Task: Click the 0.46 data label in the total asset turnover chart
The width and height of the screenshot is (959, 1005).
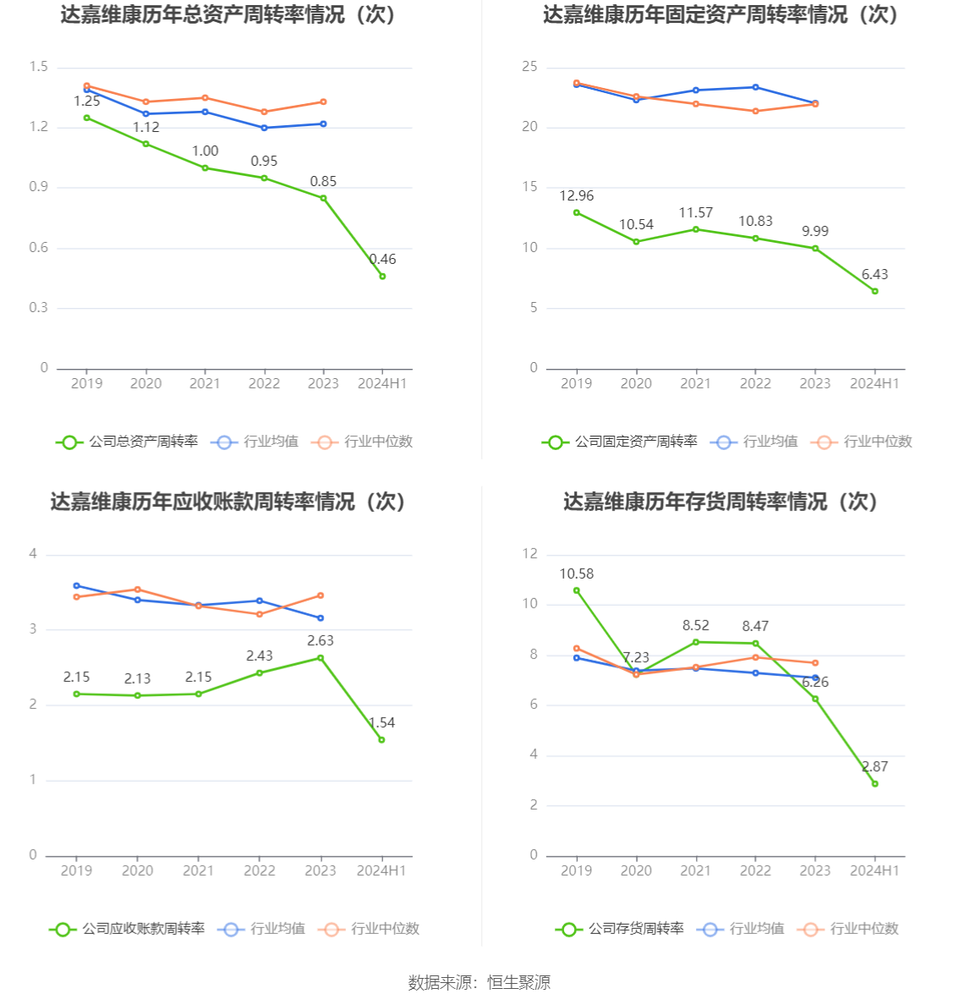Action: click(383, 260)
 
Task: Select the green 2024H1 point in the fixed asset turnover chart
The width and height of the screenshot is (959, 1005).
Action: click(874, 291)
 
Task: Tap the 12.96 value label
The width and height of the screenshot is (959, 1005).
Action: click(577, 196)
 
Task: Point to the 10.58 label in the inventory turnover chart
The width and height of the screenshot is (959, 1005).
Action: click(577, 574)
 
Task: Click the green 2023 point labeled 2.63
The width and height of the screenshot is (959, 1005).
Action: click(321, 658)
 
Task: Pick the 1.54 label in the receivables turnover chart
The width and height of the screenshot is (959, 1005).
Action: click(381, 723)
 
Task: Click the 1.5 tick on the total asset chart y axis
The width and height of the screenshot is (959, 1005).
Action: click(39, 67)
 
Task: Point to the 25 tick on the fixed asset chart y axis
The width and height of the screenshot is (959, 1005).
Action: click(529, 67)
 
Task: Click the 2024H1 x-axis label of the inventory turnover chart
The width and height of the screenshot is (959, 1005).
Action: click(874, 870)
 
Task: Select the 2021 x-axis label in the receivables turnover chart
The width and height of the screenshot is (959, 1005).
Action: click(199, 870)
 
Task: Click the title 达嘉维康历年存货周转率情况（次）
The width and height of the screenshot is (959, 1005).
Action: click(721, 502)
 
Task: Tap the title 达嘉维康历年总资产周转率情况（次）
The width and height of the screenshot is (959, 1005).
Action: click(227, 15)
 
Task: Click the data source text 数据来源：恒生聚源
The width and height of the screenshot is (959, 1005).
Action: click(479, 982)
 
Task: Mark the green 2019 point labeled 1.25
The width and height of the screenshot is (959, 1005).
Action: click(86, 118)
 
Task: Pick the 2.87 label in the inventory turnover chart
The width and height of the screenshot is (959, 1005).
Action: click(874, 767)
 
